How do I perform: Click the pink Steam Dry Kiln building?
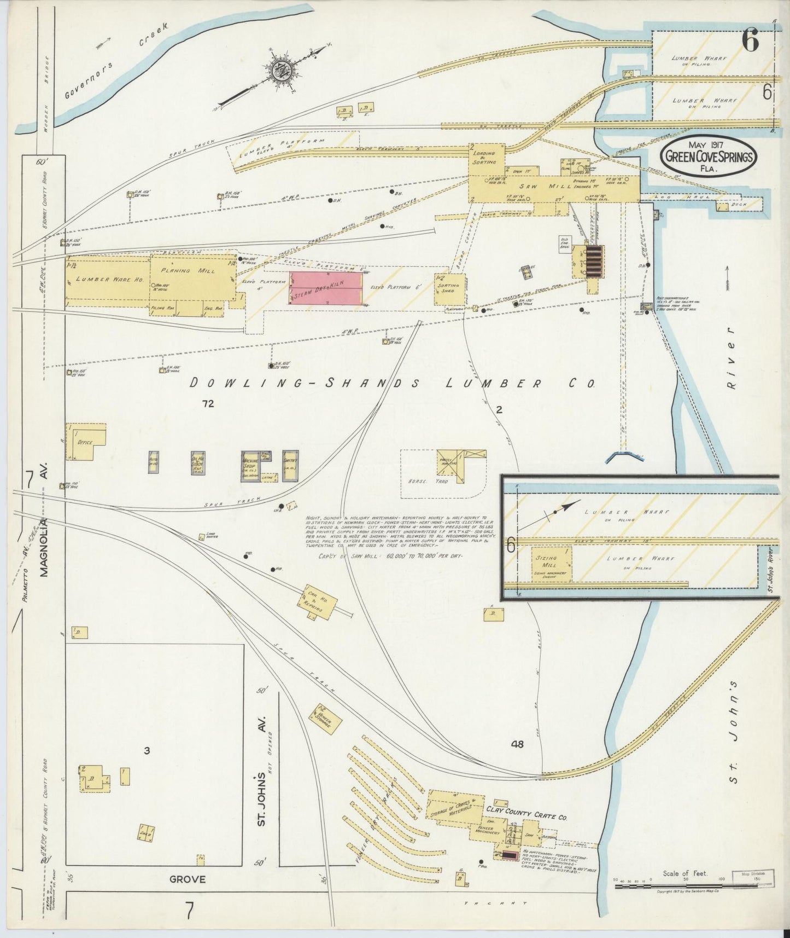[x=326, y=288]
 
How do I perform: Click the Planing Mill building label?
[x=183, y=270]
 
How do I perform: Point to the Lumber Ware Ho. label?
[x=109, y=279]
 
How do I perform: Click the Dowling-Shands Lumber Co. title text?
[x=391, y=384]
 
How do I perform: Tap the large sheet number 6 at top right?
[x=751, y=40]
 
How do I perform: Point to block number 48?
[x=517, y=744]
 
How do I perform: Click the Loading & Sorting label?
[x=485, y=158]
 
